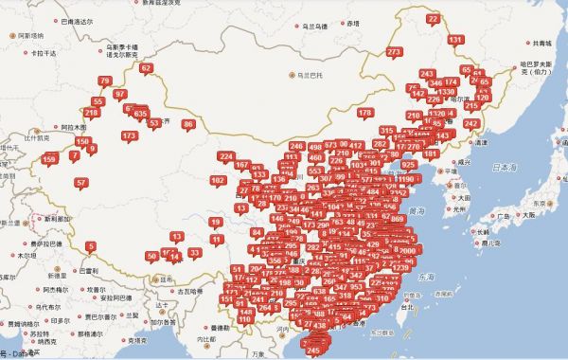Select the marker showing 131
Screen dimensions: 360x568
pos(456,40)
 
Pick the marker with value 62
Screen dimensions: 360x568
pos(146,68)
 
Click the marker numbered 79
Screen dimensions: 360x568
pos(104,81)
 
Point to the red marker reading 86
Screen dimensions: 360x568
pos(189,124)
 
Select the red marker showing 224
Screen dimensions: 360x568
pos(226,156)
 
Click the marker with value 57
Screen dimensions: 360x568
pos(81,183)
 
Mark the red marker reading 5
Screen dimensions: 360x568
pos(91,247)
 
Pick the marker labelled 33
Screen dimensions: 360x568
pos(194,253)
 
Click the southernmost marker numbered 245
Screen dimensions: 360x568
pos(314,350)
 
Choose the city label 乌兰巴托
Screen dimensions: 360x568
pos(307,74)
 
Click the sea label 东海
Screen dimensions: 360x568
pos(424,278)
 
